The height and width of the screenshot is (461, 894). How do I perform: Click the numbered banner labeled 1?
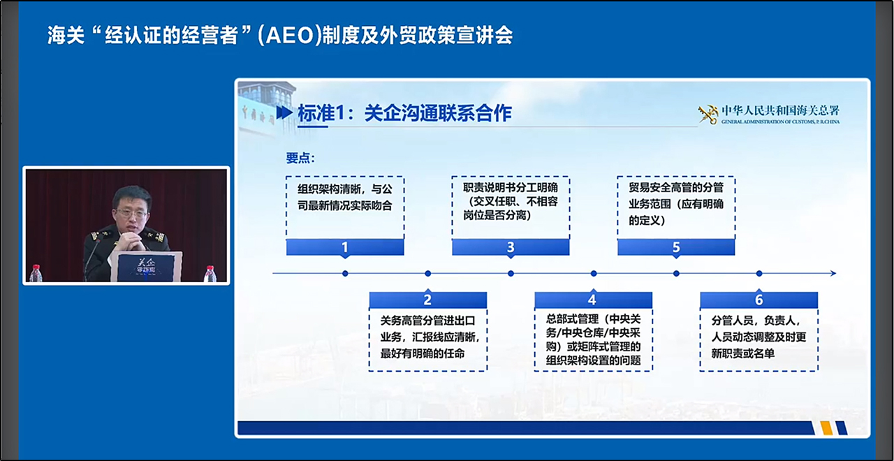345,247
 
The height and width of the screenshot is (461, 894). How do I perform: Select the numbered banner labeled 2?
428,300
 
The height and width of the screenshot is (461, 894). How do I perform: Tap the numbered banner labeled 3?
511,247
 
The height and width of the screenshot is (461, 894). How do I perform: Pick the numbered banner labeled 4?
594,300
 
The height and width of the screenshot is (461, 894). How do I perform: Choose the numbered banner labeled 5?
676,247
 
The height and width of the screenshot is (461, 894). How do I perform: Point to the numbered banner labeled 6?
759,300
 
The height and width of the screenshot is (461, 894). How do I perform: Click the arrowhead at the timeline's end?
833,273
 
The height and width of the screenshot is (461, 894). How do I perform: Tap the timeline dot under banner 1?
345,273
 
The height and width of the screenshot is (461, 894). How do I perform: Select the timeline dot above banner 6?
759,273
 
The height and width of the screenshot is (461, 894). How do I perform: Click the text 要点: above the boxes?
300,158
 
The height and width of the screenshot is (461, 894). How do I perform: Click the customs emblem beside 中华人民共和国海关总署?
708,114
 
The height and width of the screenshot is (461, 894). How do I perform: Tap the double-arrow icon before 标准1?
284,113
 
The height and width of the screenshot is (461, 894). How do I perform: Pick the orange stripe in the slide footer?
826,428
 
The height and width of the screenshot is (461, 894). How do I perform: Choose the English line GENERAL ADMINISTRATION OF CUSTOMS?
780,122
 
